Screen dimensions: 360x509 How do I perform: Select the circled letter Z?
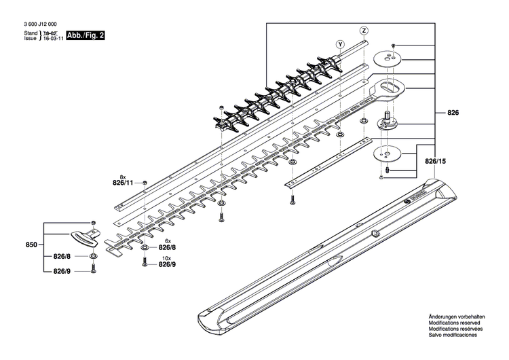pos(364,31)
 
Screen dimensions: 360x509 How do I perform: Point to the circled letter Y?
pos(339,44)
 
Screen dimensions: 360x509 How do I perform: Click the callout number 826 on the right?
pos(453,112)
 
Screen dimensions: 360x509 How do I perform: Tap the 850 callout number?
pos(31,243)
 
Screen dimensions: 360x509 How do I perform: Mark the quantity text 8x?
pos(121,176)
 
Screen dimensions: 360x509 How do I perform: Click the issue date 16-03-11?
pos(54,39)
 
